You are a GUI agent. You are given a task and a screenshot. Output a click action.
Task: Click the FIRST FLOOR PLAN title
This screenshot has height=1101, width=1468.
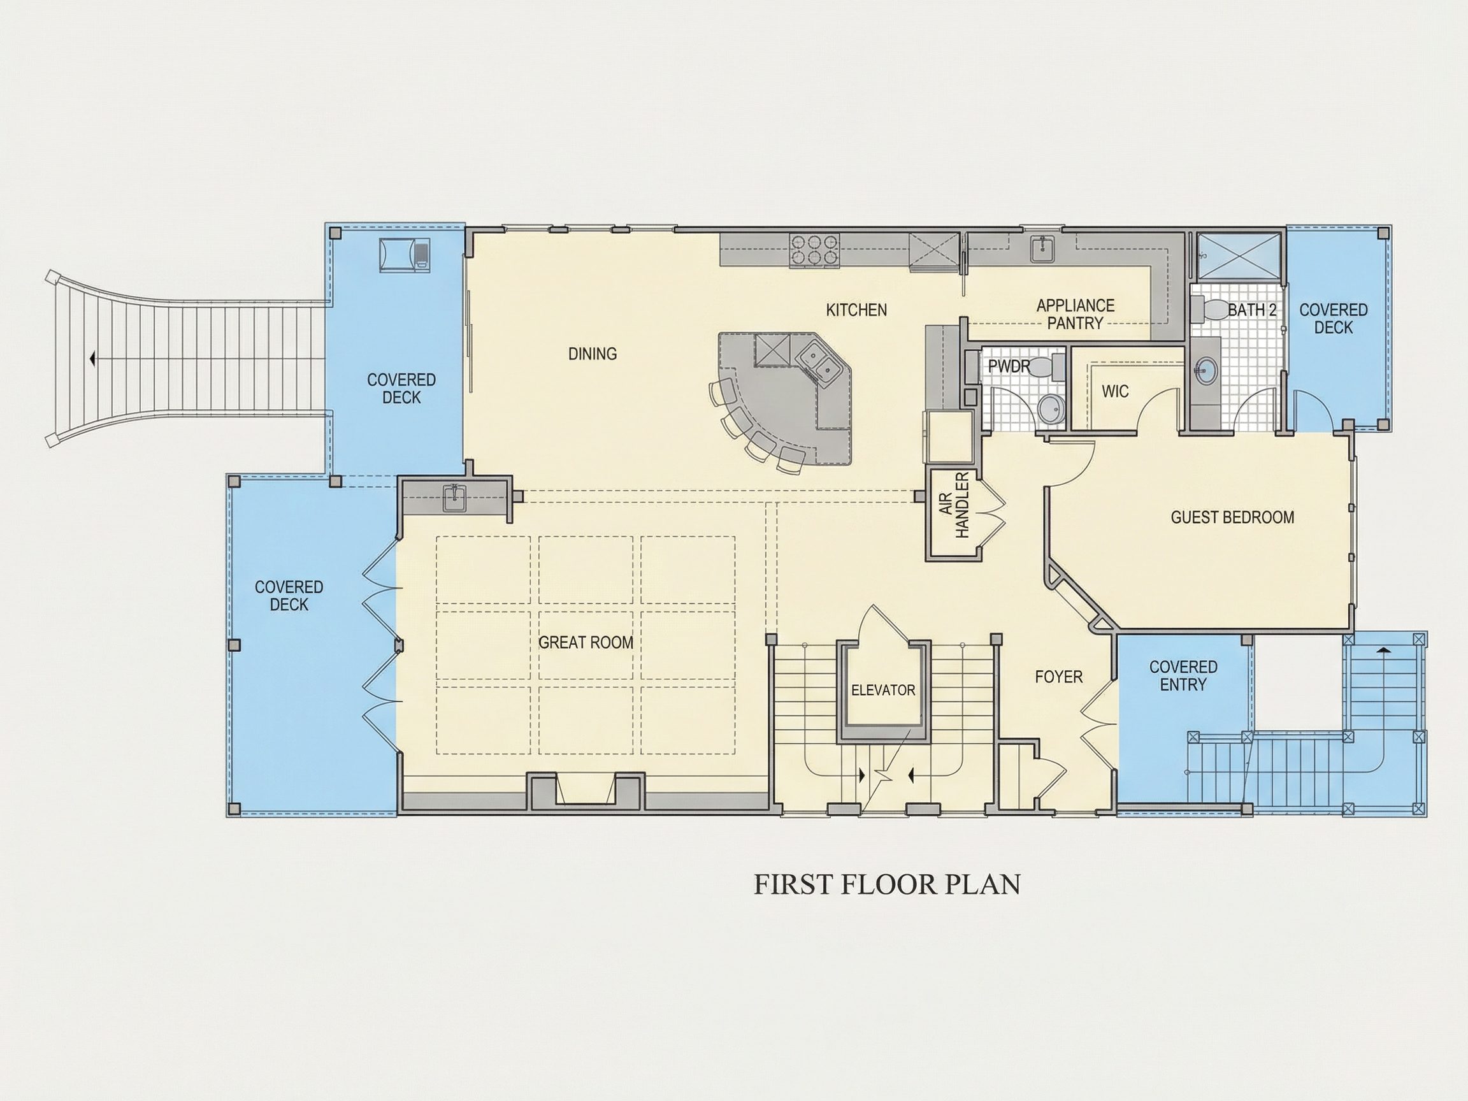(887, 884)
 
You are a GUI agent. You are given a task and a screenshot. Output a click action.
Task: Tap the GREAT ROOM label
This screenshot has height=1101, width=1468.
(586, 642)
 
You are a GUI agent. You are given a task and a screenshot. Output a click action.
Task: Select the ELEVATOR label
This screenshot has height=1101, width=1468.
(882, 690)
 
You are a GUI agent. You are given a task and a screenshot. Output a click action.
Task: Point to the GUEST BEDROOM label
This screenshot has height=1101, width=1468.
(1232, 517)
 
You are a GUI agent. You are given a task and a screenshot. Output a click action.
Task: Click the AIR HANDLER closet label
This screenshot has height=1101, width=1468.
(955, 505)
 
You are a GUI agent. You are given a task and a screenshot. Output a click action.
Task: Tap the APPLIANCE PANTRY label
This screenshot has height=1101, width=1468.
(1075, 315)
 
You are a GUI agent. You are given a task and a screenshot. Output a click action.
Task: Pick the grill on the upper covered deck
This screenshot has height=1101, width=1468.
(404, 254)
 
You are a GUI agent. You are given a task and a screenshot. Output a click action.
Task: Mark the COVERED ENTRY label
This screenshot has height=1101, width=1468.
(1183, 675)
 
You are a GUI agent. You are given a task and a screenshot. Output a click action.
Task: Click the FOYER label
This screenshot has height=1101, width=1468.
(1058, 677)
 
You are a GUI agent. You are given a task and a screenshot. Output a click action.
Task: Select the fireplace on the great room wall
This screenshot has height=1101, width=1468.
(586, 791)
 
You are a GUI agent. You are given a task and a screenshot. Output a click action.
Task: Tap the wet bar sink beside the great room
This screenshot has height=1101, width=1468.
(454, 498)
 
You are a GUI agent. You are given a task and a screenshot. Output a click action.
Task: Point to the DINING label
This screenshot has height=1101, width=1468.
(593, 354)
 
